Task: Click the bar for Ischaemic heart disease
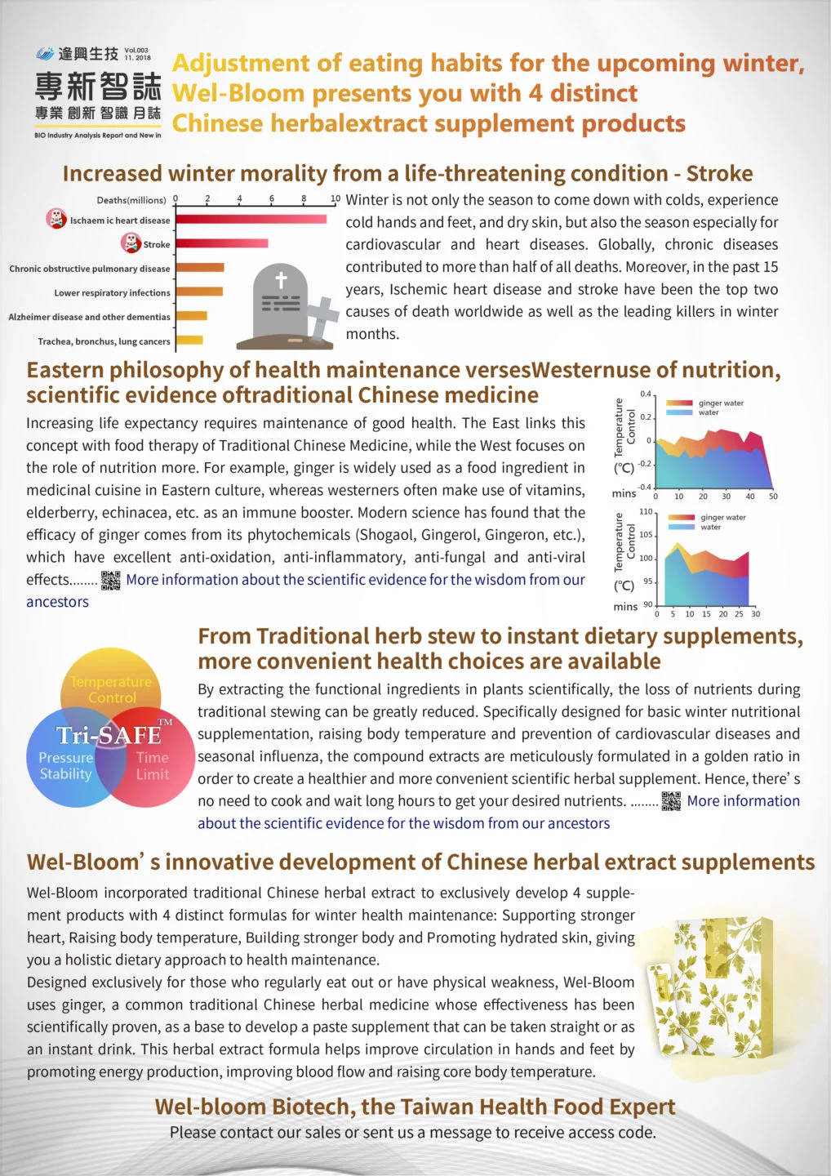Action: (x=251, y=219)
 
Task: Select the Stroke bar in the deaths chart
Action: (x=221, y=243)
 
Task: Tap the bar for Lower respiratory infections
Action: (x=199, y=292)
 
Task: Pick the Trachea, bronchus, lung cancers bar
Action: (x=189, y=340)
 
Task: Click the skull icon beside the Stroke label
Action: (x=131, y=243)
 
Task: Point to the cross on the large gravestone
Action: (x=281, y=280)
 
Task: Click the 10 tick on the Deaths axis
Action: (x=336, y=198)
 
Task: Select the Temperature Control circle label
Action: (x=111, y=689)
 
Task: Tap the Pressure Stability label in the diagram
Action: (x=66, y=766)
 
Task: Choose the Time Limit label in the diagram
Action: (x=153, y=766)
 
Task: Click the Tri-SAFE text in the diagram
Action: (x=109, y=735)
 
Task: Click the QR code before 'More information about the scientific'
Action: (x=111, y=580)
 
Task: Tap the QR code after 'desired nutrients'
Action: (x=671, y=801)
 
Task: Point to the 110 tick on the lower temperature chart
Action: (x=646, y=512)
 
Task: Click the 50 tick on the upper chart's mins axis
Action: (x=773, y=497)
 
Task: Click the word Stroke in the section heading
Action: (x=719, y=174)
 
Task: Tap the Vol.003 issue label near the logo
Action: (x=137, y=51)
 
